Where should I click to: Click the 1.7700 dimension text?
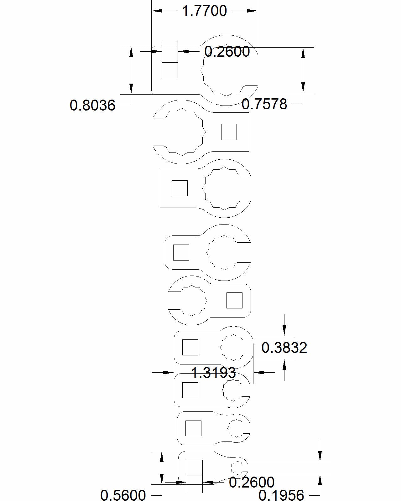click(204, 11)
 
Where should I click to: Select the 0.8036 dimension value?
click(92, 105)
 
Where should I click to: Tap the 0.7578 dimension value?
click(264, 104)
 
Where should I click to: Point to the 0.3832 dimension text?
click(284, 348)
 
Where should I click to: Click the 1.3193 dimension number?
click(213, 373)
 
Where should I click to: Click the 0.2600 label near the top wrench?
click(227, 51)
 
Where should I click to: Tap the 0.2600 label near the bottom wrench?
click(252, 482)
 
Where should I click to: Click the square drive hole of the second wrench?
click(229, 132)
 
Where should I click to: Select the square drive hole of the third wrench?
click(180, 189)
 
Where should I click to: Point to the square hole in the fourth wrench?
click(181, 252)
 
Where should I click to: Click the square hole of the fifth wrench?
click(234, 300)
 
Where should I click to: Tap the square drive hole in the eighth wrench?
click(193, 428)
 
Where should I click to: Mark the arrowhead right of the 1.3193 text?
click(259, 372)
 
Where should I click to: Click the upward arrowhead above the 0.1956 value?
click(320, 479)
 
